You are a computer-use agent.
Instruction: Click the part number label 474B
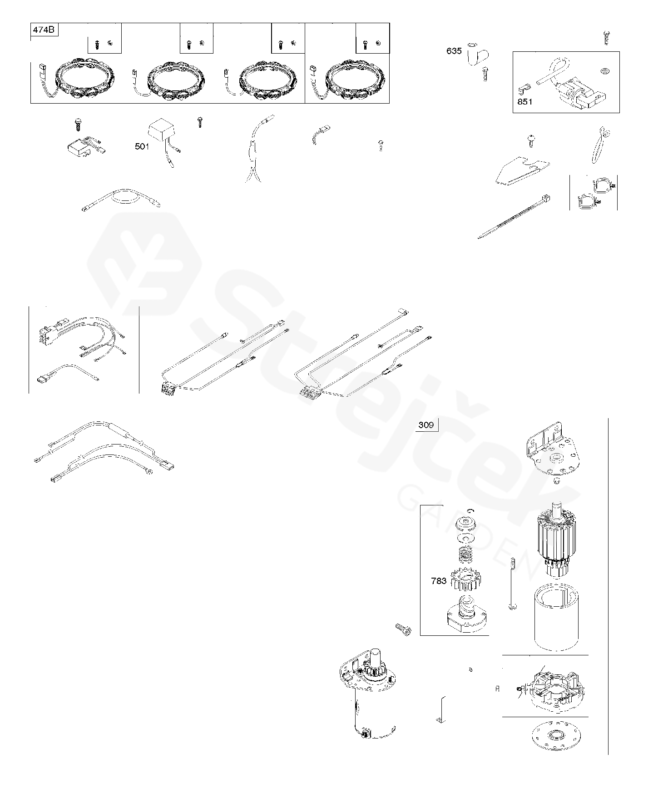coord(45,30)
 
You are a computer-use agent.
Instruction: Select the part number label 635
coord(454,51)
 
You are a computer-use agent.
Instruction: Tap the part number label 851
coord(525,102)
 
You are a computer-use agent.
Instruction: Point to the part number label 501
coord(142,146)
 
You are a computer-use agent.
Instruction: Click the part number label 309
coord(426,425)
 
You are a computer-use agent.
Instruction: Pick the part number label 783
coord(439,581)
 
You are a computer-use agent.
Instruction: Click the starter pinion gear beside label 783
coord(467,580)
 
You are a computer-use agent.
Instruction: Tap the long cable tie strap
coord(515,216)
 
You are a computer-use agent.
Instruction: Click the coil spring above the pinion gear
coord(467,554)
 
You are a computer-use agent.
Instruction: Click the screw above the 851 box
coord(606,37)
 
